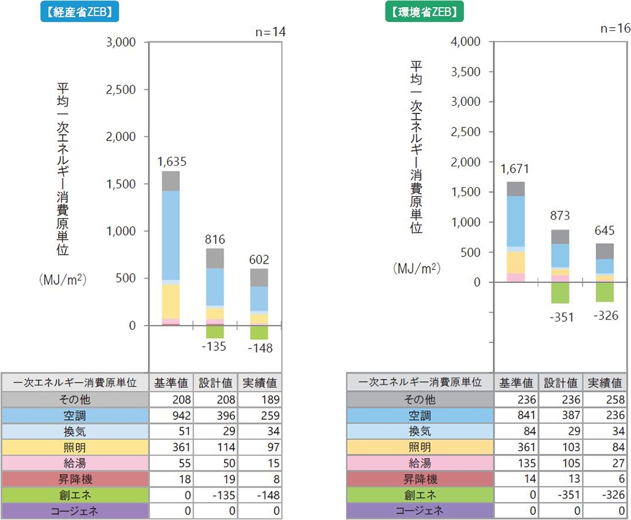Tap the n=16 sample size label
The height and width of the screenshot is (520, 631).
(615, 29)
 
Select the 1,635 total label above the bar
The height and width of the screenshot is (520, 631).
(171, 161)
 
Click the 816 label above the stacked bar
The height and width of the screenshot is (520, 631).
(215, 240)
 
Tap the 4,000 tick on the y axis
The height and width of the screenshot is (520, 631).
(467, 42)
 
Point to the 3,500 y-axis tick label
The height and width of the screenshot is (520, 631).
(467, 71)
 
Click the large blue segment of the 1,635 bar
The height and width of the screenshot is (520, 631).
(171, 234)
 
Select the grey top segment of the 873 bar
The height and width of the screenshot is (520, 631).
(560, 236)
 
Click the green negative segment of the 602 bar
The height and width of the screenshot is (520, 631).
(259, 332)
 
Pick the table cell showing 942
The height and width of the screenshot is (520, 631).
(170, 415)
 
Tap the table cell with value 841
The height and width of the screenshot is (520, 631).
(516, 415)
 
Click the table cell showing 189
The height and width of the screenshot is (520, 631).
(259, 400)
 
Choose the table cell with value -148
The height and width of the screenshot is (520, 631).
(259, 495)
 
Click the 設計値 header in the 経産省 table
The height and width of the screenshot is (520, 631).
(215, 383)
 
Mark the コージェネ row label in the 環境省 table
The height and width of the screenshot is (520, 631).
(420, 511)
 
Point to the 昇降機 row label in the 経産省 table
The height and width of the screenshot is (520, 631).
(74, 479)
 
